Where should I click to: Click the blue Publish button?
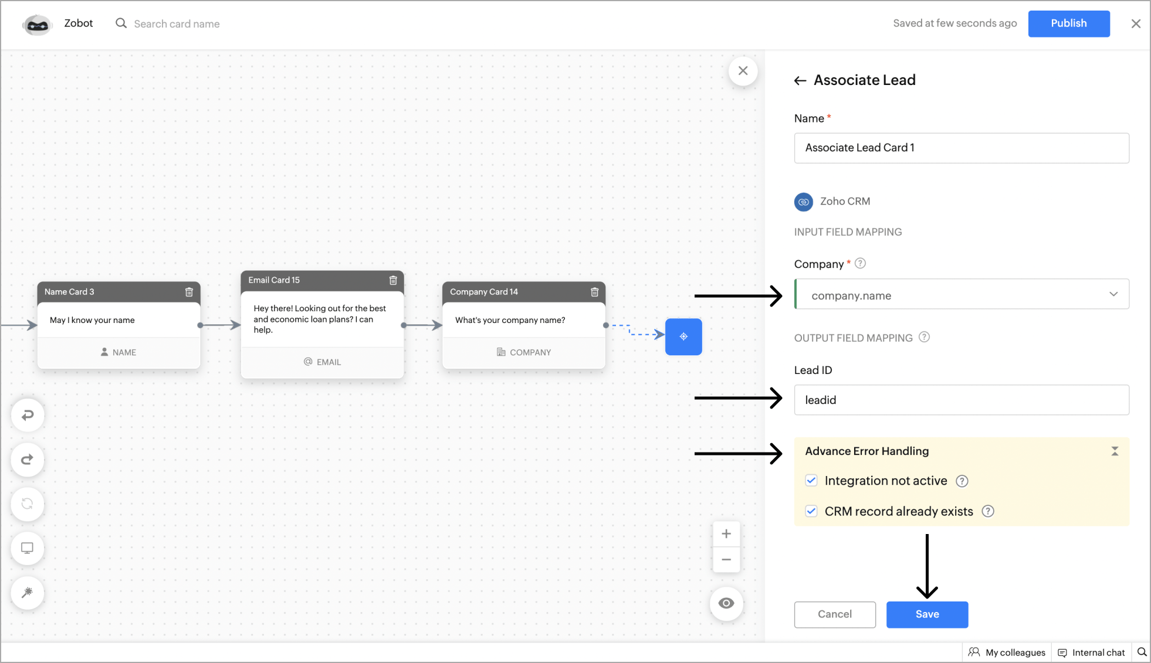point(1068,23)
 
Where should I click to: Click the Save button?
point(927,614)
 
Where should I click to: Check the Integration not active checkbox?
point(811,481)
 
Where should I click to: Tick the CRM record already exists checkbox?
point(811,511)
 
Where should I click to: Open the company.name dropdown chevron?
point(1113,294)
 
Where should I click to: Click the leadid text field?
point(962,400)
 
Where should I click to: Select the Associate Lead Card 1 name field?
point(962,148)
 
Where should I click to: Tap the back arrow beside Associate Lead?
point(800,81)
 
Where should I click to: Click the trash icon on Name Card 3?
point(189,292)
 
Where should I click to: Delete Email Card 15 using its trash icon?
point(393,280)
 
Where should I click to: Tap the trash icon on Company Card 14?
point(594,292)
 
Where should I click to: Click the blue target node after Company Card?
point(683,336)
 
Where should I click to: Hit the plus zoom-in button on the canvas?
point(726,534)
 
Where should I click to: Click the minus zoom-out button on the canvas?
point(726,560)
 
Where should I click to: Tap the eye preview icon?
point(726,603)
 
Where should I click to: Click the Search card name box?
point(177,24)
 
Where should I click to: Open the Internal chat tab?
point(1091,652)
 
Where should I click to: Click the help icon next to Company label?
point(860,263)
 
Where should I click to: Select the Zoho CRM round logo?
point(804,202)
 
